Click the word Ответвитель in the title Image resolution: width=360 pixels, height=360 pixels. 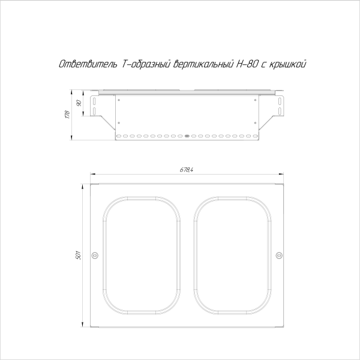click(x=80, y=64)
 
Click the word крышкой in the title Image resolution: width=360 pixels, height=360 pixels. click(x=291, y=64)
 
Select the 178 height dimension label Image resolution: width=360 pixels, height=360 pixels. click(x=68, y=115)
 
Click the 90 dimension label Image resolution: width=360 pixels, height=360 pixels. click(x=80, y=103)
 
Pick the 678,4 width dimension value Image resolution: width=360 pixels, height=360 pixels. click(x=186, y=170)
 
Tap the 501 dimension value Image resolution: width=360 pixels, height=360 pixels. click(x=78, y=256)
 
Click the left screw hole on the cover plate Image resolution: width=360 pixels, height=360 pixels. click(x=94, y=256)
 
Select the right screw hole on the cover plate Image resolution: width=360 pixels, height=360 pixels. click(x=278, y=256)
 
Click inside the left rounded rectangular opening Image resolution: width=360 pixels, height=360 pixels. click(x=142, y=256)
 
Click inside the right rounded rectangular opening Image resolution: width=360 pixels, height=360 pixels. click(x=231, y=256)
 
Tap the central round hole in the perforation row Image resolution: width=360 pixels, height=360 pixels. click(x=187, y=136)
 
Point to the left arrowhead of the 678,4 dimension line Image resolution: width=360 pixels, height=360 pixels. click(x=92, y=175)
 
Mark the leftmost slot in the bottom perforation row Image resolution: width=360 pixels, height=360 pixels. click(x=118, y=136)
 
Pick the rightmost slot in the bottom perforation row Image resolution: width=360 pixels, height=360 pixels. click(x=255, y=136)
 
